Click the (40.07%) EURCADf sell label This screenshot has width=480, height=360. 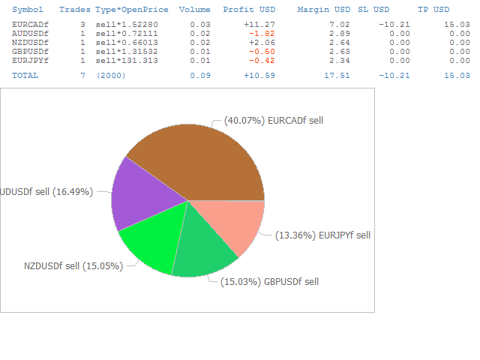[x=274, y=119]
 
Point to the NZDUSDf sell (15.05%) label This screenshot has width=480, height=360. [x=73, y=265]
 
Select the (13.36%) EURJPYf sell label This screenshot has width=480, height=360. [x=322, y=235]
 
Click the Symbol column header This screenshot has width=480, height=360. [x=28, y=10]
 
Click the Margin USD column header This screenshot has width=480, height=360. [x=324, y=10]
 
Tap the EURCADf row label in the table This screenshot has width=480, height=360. [x=31, y=25]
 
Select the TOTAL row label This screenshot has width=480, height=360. [x=25, y=75]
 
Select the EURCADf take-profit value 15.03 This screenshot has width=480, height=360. [x=457, y=25]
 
